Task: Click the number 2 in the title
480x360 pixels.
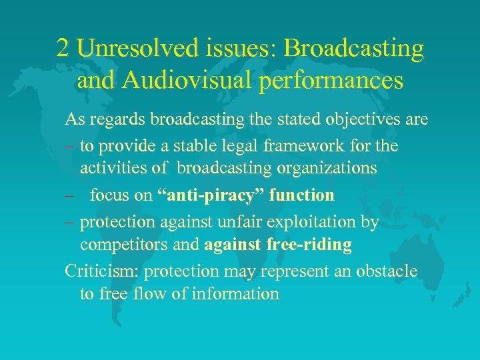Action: [x=63, y=48]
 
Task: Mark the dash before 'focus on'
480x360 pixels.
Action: [x=69, y=196]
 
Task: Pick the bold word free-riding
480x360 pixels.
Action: [x=310, y=245]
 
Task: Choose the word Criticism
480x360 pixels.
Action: [x=102, y=271]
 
